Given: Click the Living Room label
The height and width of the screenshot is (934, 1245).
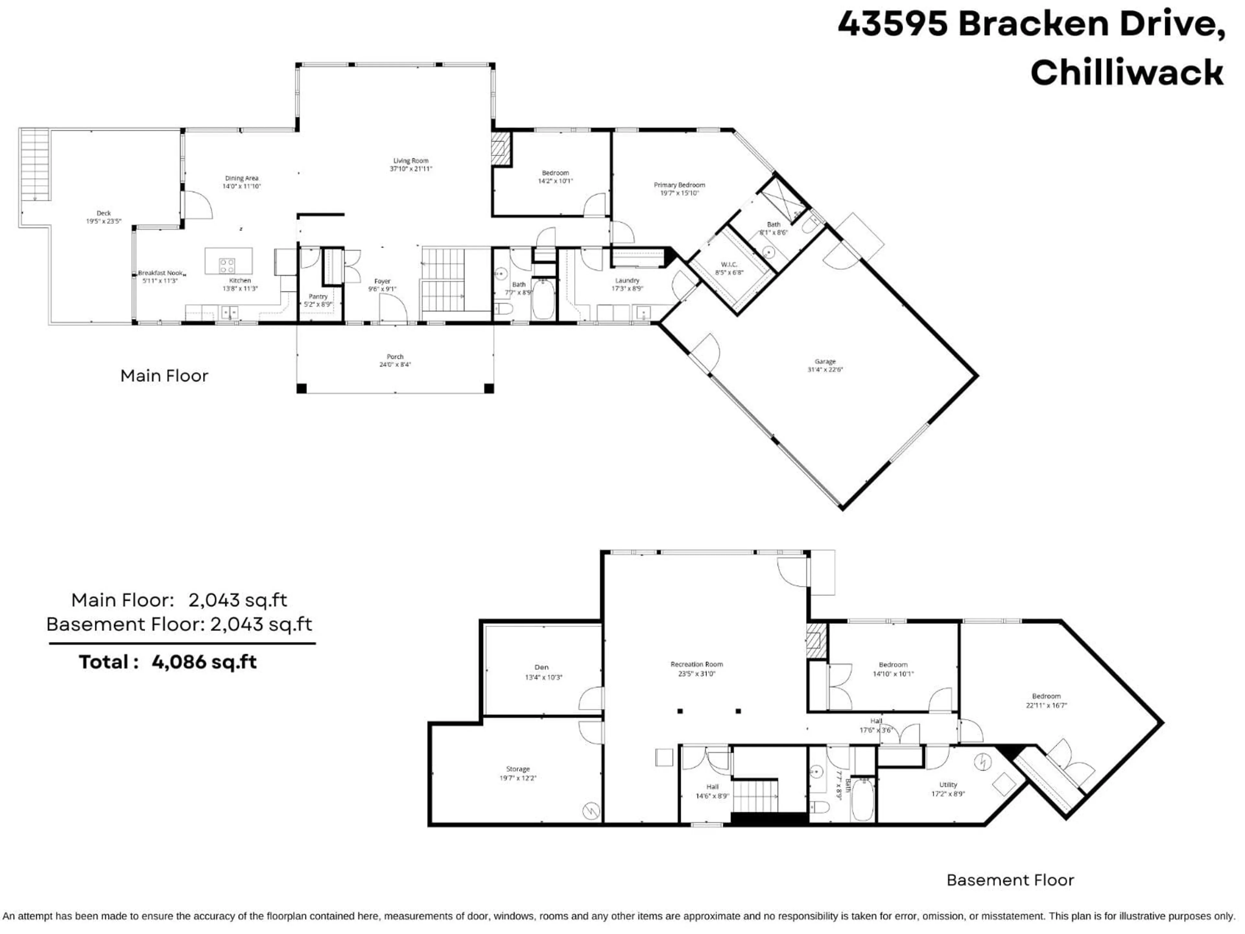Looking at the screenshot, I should pos(410,161).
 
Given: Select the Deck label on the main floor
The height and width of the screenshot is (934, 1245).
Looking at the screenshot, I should pos(103,213).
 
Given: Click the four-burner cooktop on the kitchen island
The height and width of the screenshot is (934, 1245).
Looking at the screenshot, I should pos(227,265).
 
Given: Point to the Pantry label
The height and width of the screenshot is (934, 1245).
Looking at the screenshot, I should pos(318,296).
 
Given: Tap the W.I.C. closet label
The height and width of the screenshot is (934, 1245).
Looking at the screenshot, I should pos(729,265).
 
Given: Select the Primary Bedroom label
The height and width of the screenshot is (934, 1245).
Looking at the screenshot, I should pos(679,185).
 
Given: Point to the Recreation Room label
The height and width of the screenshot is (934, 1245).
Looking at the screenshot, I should pos(696,664).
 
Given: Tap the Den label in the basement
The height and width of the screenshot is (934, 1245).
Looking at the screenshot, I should pos(541,667).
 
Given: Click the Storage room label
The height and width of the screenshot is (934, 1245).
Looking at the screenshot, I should pos(518,769).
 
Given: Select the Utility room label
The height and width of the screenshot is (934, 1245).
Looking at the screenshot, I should pos(948,785).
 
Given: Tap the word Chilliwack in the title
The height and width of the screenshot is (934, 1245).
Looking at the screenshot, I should pos(1127,73).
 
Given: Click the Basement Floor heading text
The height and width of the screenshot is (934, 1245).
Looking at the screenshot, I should pos(1010,880).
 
